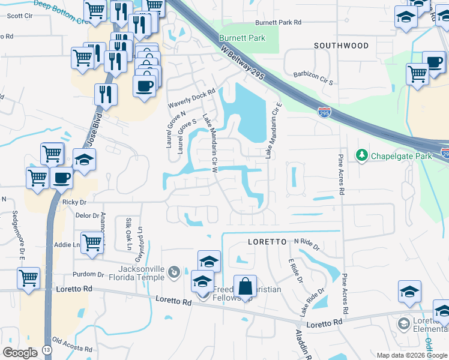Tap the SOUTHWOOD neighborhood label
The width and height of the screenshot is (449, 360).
(x=341, y=46)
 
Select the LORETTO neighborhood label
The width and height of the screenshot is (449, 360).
(x=267, y=242)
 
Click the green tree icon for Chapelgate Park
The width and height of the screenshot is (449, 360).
(x=361, y=156)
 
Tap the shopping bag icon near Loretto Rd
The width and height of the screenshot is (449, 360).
(x=245, y=287)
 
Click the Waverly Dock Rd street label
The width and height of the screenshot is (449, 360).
(x=191, y=100)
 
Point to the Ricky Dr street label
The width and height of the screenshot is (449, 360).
(x=74, y=203)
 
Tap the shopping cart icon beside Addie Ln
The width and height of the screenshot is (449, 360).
(x=92, y=243)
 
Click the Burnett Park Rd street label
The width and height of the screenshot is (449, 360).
(x=278, y=22)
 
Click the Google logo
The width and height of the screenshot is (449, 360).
(x=20, y=352)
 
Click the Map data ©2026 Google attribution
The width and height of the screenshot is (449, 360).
(x=411, y=355)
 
